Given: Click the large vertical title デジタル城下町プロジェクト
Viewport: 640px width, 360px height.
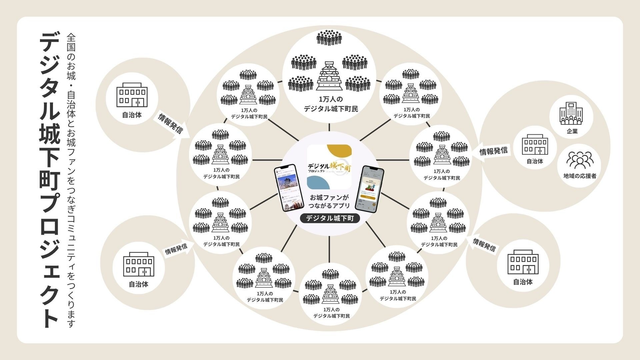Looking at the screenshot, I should pyautogui.click(x=50, y=180).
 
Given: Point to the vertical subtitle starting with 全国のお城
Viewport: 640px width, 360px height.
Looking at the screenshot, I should pyautogui.click(x=71, y=180).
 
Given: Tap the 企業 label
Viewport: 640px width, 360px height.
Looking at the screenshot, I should pyautogui.click(x=572, y=131).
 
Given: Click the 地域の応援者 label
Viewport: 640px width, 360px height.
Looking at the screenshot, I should pyautogui.click(x=580, y=176).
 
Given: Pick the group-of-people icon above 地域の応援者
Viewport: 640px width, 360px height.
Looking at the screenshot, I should pyautogui.click(x=580, y=160).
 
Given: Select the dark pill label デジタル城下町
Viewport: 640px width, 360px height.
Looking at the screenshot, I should pyautogui.click(x=330, y=218).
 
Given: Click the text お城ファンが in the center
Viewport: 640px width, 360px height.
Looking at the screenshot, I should pyautogui.click(x=329, y=197).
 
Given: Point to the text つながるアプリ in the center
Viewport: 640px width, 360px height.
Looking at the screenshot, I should pyautogui.click(x=329, y=206).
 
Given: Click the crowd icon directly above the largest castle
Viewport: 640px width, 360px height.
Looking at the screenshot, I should pyautogui.click(x=329, y=38).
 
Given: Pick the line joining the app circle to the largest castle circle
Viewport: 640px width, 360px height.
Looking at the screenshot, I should pyautogui.click(x=329, y=127).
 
